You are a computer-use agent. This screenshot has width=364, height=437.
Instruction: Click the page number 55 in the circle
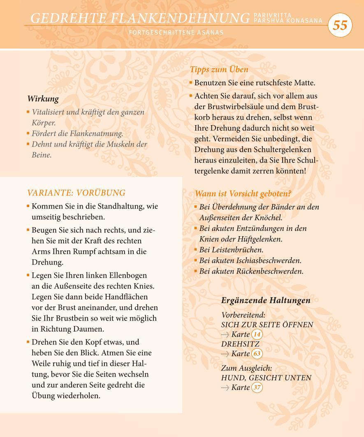(x=340, y=26)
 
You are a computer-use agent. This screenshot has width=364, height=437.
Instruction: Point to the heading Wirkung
(x=43, y=99)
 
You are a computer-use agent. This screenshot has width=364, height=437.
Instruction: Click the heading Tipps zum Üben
(x=219, y=70)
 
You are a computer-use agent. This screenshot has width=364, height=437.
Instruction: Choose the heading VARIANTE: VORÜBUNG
(x=76, y=193)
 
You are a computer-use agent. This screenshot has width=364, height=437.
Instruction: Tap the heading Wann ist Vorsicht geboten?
(x=242, y=193)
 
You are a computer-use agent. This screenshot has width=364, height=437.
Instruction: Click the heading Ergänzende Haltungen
(x=266, y=300)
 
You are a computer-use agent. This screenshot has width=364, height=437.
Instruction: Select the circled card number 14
(x=257, y=334)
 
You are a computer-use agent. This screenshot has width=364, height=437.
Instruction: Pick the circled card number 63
(x=257, y=353)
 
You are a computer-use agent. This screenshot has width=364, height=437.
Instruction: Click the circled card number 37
(x=257, y=387)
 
